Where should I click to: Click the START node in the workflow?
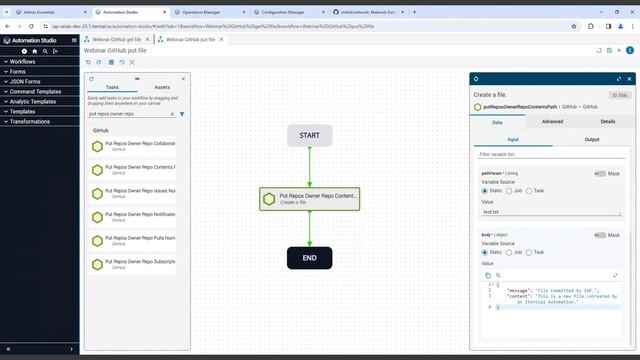[309, 136]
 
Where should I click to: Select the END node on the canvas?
[309, 257]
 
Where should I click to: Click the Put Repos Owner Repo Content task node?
[309, 198]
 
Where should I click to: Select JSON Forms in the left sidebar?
[27, 81]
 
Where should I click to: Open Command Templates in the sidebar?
[36, 91]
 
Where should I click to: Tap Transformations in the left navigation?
[31, 121]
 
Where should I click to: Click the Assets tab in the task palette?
[162, 87]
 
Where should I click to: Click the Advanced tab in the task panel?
[552, 121]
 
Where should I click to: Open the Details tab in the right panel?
[608, 121]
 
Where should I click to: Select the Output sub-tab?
[592, 139]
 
